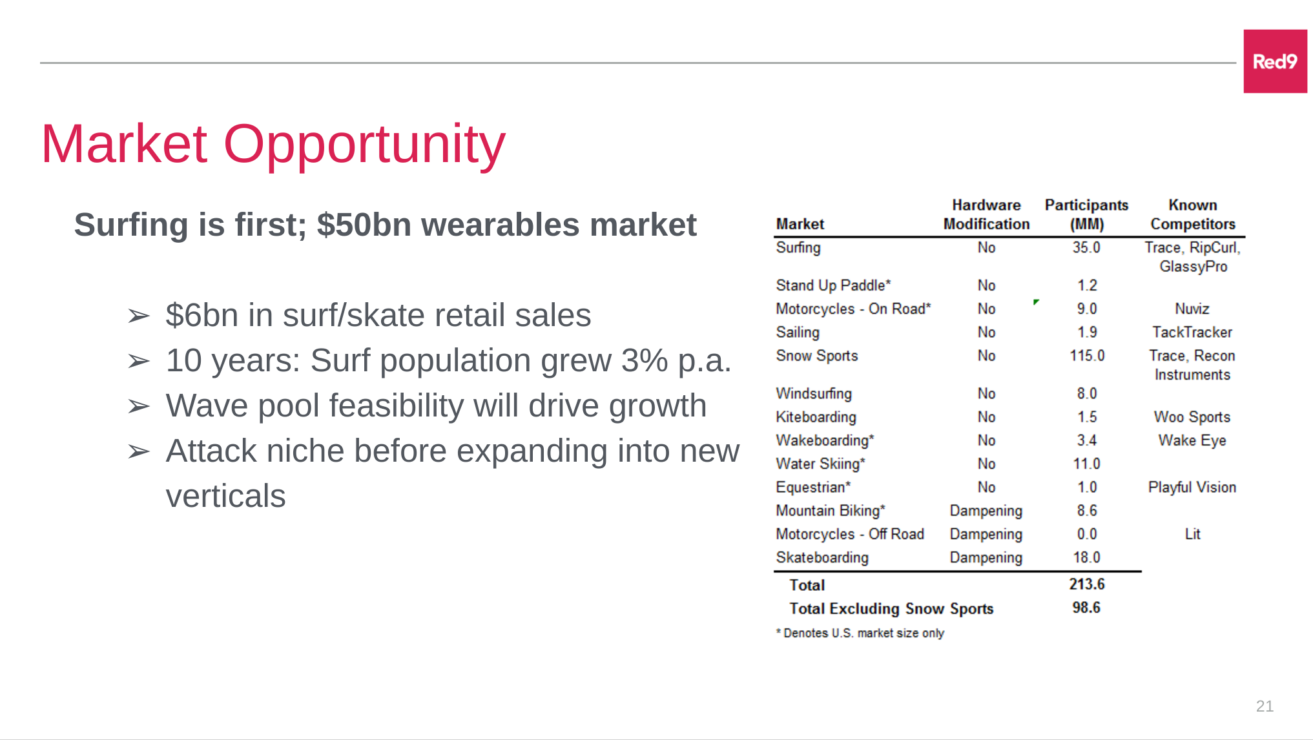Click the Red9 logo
(1275, 61)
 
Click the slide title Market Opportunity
(273, 145)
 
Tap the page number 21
(1265, 706)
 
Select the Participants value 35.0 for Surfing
(1086, 247)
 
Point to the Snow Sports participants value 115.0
(1087, 355)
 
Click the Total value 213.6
(1087, 584)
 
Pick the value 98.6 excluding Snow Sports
(1086, 608)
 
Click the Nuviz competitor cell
(1192, 309)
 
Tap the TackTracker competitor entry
(1192, 332)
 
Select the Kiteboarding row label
(816, 417)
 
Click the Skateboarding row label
(822, 557)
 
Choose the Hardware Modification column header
(986, 214)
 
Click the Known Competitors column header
(1193, 214)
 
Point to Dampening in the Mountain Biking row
(986, 511)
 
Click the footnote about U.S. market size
(860, 633)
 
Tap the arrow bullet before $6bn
(138, 316)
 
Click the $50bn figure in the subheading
(364, 225)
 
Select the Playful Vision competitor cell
(1192, 488)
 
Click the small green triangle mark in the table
(1036, 302)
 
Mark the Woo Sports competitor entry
(1192, 417)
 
